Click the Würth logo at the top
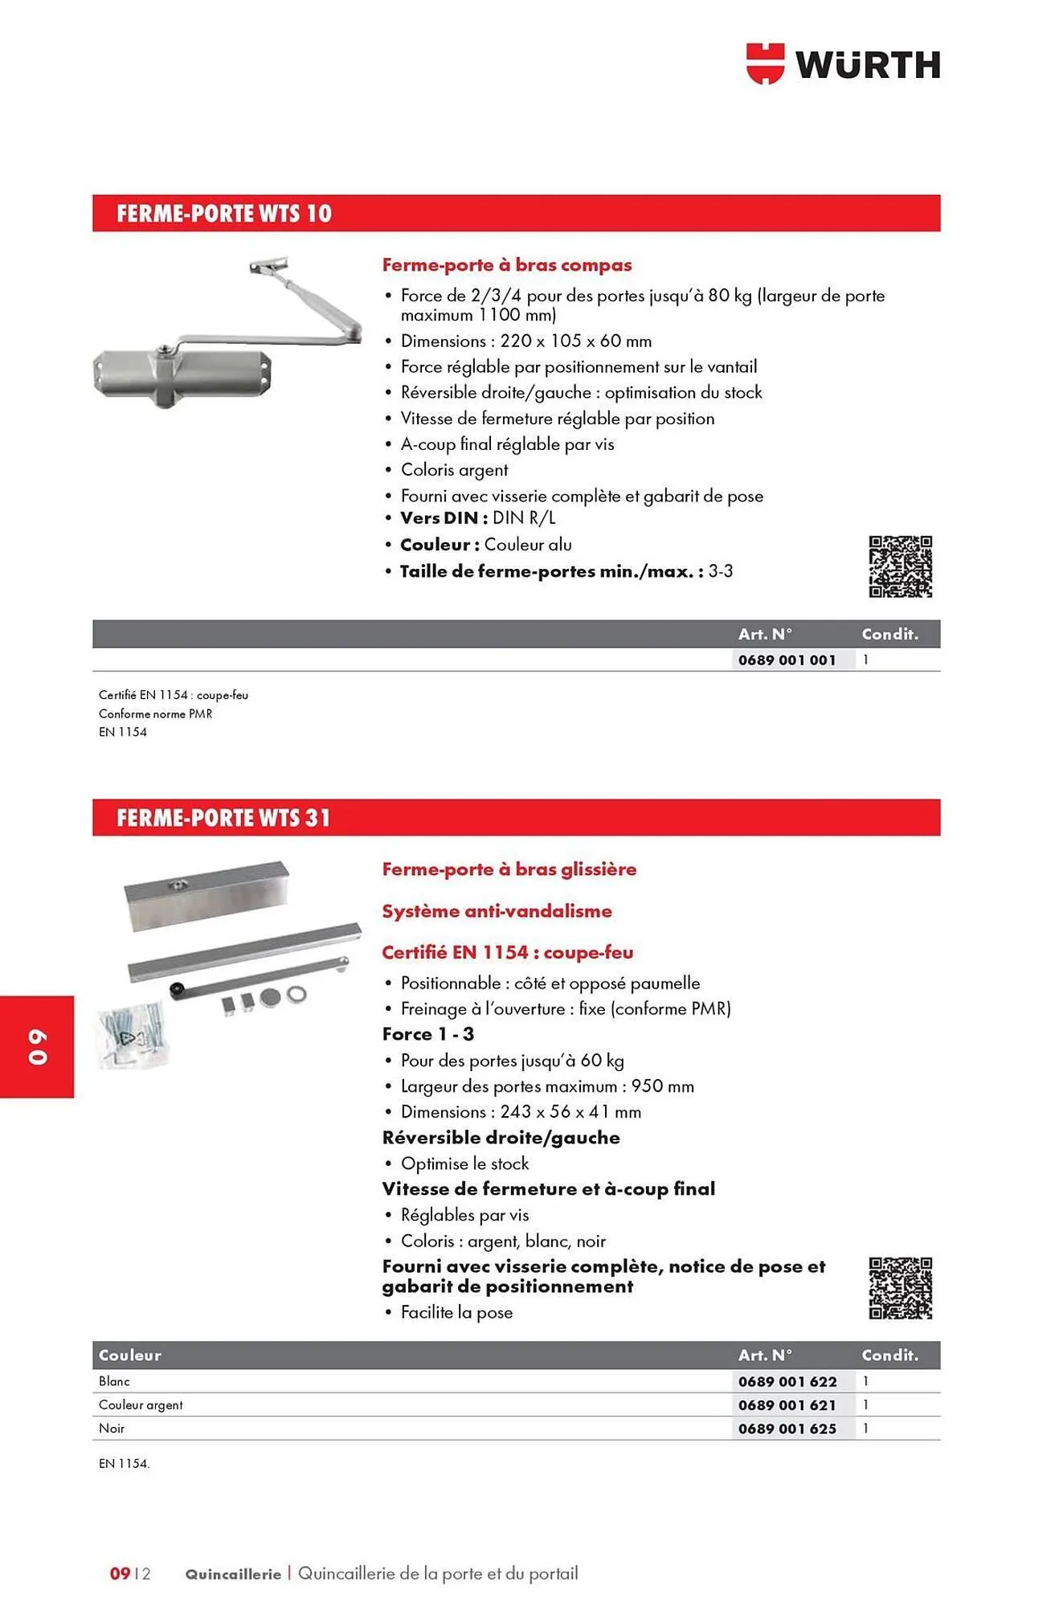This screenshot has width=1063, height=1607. click(x=843, y=64)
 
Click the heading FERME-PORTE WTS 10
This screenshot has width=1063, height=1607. click(x=223, y=214)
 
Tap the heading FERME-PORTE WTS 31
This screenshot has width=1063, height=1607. click(x=223, y=818)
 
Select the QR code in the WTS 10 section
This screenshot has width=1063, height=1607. click(x=900, y=567)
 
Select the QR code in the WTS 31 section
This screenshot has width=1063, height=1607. click(x=900, y=1288)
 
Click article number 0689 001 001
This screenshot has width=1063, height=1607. click(x=787, y=660)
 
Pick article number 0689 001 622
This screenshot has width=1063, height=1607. click(x=787, y=1381)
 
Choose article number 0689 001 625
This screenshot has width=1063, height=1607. click(x=787, y=1429)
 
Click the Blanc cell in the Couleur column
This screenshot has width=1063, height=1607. click(x=114, y=1381)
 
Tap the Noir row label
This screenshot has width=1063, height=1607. click(x=112, y=1429)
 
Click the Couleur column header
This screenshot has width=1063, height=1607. click(x=130, y=1356)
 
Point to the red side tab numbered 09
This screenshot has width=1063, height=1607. click(x=37, y=1046)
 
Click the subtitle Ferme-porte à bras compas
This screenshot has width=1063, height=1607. click(x=506, y=265)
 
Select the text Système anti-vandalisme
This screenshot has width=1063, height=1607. click(x=497, y=911)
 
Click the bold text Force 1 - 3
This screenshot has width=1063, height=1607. click(x=427, y=1034)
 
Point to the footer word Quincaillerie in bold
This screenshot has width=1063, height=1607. click(x=233, y=1574)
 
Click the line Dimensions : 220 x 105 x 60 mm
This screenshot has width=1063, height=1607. click(x=525, y=341)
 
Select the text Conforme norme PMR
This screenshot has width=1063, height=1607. click(x=155, y=714)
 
